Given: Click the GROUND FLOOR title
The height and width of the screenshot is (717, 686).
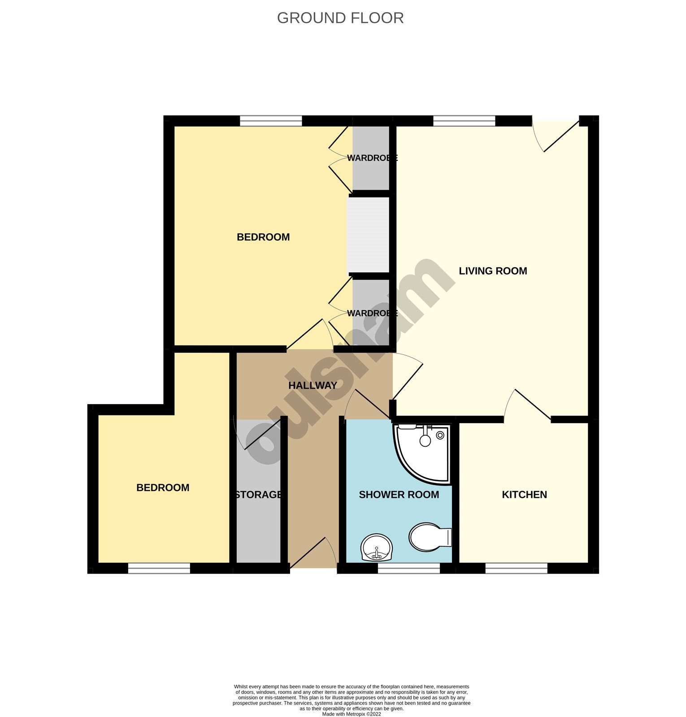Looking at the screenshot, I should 340,18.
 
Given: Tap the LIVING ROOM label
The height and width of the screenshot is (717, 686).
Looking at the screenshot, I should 493,271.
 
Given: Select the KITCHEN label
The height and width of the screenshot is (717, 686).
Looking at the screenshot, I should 524,495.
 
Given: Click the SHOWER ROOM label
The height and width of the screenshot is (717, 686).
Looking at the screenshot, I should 399,495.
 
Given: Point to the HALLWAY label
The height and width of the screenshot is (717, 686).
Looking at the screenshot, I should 313,385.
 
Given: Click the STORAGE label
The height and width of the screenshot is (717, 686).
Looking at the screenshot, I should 259,495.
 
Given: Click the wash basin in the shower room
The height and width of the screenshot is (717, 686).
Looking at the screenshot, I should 377,547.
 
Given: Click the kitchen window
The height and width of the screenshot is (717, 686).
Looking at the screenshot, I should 517,569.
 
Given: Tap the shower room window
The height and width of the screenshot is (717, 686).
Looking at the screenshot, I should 408,569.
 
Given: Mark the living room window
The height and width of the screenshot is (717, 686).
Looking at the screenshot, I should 464,121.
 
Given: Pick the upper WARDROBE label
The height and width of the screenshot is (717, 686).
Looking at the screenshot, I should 372,158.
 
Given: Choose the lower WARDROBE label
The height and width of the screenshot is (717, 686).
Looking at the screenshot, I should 372,313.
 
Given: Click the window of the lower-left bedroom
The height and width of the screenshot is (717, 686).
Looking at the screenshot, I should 159,569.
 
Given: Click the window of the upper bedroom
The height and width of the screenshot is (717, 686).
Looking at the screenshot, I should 271,121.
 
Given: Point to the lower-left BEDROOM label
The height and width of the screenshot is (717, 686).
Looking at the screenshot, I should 163,488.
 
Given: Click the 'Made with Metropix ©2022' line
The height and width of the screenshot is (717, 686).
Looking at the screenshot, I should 352,714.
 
